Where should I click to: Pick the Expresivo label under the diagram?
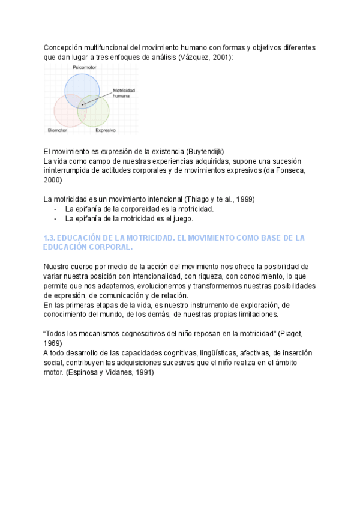(106, 130)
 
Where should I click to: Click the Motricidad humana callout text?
(124, 93)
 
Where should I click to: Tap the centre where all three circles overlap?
(82, 104)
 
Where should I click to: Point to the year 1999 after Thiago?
(238, 199)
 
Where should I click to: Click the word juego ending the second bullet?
(181, 218)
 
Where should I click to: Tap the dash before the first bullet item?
(56, 209)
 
